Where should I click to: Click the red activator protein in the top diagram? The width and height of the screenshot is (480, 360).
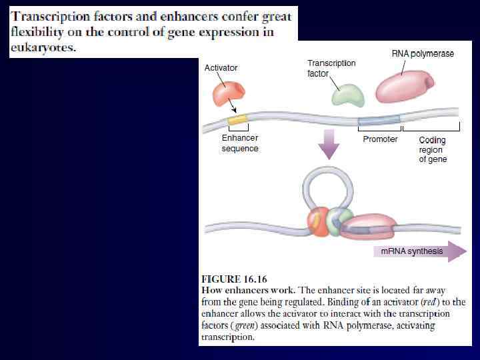(x=229, y=94)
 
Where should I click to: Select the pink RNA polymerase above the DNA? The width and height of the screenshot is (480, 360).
(x=405, y=87)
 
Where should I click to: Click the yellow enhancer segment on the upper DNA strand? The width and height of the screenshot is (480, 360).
(x=237, y=120)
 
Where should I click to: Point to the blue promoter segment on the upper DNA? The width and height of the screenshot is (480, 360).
(x=379, y=121)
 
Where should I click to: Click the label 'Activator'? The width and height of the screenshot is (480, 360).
(x=221, y=68)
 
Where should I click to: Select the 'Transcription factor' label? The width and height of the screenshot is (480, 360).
(x=331, y=68)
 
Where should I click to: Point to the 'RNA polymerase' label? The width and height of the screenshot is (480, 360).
(x=423, y=54)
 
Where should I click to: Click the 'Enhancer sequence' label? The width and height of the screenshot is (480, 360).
(x=239, y=143)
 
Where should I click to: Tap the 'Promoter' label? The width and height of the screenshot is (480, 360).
(x=380, y=139)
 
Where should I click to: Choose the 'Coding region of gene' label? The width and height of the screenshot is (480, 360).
(x=433, y=150)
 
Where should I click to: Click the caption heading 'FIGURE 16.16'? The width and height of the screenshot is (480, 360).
(x=235, y=279)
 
